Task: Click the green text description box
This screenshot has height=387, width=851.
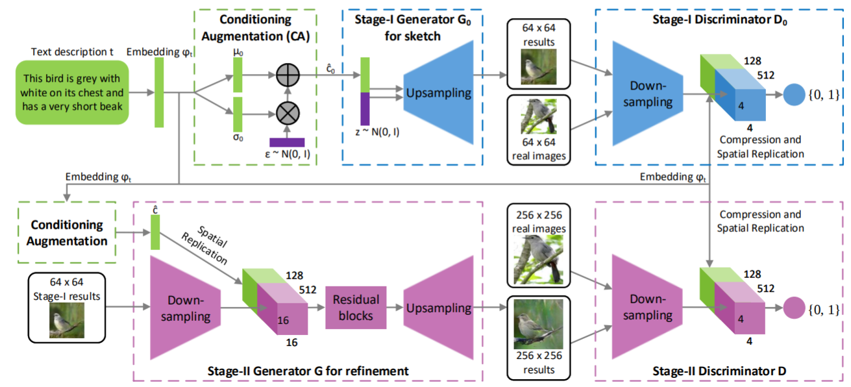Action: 72,92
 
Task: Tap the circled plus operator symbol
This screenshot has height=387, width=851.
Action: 288,75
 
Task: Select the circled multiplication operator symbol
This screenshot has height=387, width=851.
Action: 288,113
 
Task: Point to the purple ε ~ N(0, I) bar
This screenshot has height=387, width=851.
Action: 287,142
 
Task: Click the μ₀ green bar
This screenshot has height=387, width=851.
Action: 238,75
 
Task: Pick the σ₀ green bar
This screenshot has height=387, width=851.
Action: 238,114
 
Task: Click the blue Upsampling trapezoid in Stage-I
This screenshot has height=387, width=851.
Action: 439,92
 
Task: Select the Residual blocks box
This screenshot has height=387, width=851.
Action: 356,308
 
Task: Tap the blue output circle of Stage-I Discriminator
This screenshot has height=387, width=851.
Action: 794,95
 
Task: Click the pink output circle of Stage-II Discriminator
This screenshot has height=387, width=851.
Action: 794,308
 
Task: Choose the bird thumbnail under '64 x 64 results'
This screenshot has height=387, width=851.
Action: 539,66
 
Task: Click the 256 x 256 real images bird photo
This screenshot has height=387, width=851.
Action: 539,260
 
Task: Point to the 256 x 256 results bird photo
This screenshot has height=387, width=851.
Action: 539,324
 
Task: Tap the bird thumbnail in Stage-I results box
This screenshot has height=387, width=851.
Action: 67,321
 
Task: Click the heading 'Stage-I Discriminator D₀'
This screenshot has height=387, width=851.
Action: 719,19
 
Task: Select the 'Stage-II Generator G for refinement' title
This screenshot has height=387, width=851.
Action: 308,371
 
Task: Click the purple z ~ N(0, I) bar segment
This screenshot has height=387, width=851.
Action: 365,108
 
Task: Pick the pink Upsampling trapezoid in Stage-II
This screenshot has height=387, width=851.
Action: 439,308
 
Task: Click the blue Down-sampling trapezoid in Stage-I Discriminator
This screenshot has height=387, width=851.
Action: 648,94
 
